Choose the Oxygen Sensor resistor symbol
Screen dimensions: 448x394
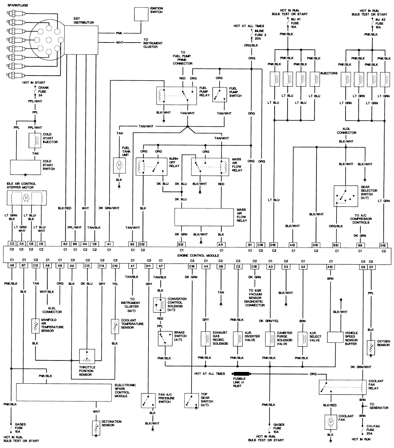tap(371, 347)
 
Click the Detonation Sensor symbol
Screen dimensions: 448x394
tap(95, 427)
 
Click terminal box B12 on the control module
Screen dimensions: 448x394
tap(181, 244)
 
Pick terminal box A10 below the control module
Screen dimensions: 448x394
tap(329, 266)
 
